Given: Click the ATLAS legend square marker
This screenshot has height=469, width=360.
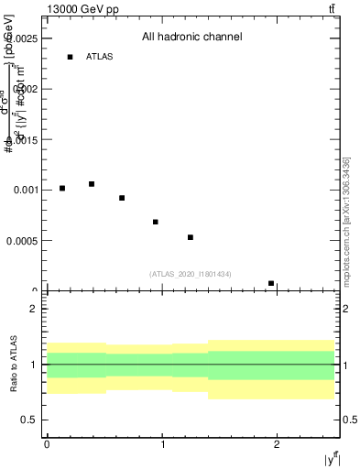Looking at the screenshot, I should tap(70, 57).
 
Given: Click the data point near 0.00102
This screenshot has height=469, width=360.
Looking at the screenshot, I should tap(62, 188).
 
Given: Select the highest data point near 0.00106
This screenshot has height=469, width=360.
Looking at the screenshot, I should tap(92, 184).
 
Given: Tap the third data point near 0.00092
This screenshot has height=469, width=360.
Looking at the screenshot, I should tap(122, 198).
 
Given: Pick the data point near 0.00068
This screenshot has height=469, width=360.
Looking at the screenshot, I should tap(156, 222).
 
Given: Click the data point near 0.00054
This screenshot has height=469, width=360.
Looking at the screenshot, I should tap(191, 237).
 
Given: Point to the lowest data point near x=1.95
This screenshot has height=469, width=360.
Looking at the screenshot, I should tap(271, 283).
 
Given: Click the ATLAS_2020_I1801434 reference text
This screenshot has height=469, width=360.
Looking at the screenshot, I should tap(191, 274).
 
